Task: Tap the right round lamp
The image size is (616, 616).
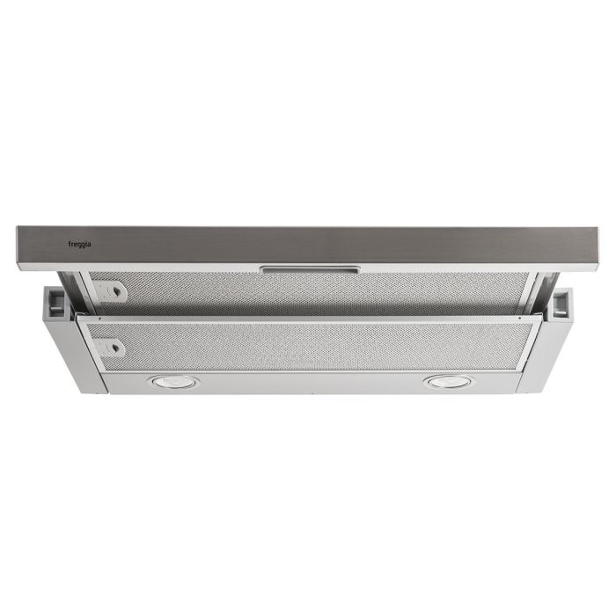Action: [448, 381]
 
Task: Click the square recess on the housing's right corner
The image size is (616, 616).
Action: [560, 304]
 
